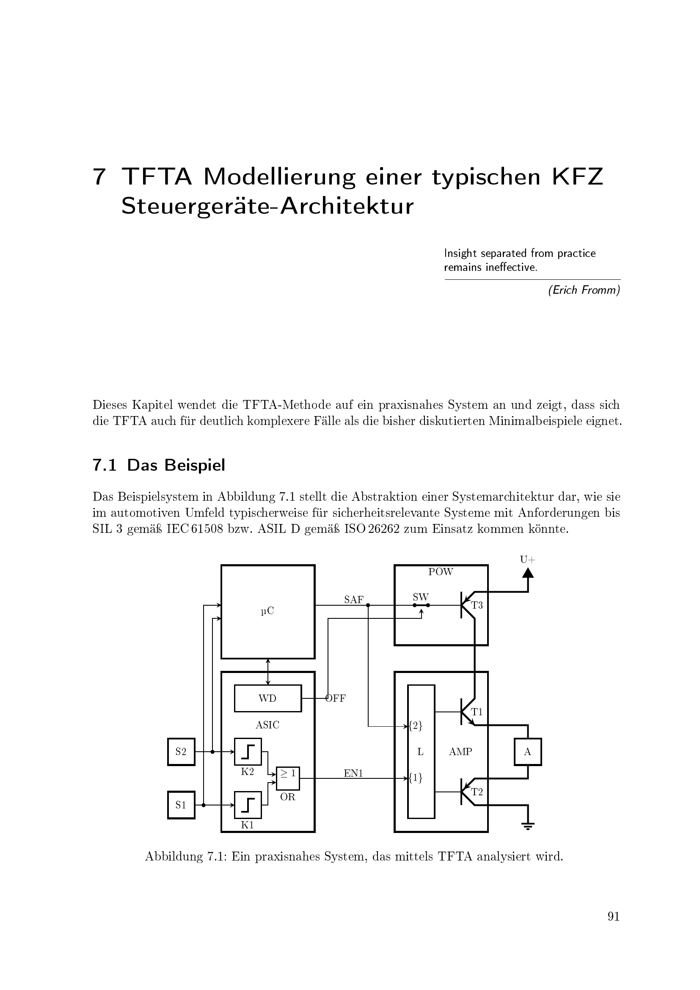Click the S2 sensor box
coord(181,752)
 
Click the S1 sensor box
coord(181,805)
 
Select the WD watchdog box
coord(267,698)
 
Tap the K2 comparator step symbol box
coord(248,752)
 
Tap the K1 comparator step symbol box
coord(248,805)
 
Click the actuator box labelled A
coord(528,752)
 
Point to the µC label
coord(267,611)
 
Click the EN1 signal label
coord(353,774)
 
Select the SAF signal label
coord(354,600)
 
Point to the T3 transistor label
coord(477,605)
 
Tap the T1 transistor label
coord(477,712)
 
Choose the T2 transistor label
coord(477,792)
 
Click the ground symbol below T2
coord(528,826)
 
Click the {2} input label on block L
coord(416,726)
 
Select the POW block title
coord(441,572)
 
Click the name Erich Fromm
coord(584,290)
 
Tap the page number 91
coord(613,928)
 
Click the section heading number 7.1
coord(104,466)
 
